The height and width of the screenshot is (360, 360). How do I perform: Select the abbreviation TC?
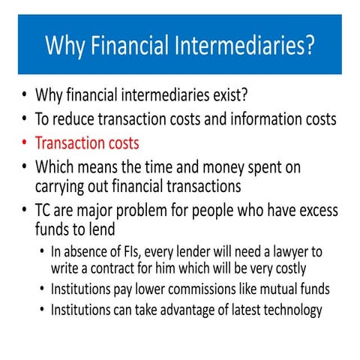[44, 211]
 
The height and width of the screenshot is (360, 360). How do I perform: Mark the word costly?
[287, 268]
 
